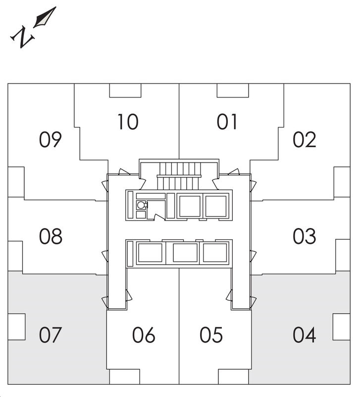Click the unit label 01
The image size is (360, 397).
pos(227,122)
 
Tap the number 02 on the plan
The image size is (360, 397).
pos(304,140)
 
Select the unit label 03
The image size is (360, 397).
pos(304,236)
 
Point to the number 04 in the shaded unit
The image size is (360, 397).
pos(304,335)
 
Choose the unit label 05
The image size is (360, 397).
pos(211,335)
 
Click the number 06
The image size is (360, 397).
pos(144,335)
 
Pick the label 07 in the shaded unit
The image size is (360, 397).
pos(51,335)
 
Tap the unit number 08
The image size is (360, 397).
pos(51,236)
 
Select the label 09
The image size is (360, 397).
pos(51,140)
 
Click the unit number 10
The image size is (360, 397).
pos(128,122)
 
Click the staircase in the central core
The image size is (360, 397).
pos(180,174)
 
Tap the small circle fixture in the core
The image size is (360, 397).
pos(141,205)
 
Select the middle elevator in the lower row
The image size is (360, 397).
pos(185,253)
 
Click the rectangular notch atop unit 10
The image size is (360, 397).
pos(125,90)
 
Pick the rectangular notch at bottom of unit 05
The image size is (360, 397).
pos(233,377)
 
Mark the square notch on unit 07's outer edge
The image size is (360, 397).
pos(16,327)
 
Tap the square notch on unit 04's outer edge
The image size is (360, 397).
pos(341,327)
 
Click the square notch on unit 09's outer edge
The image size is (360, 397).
pos(16,178)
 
